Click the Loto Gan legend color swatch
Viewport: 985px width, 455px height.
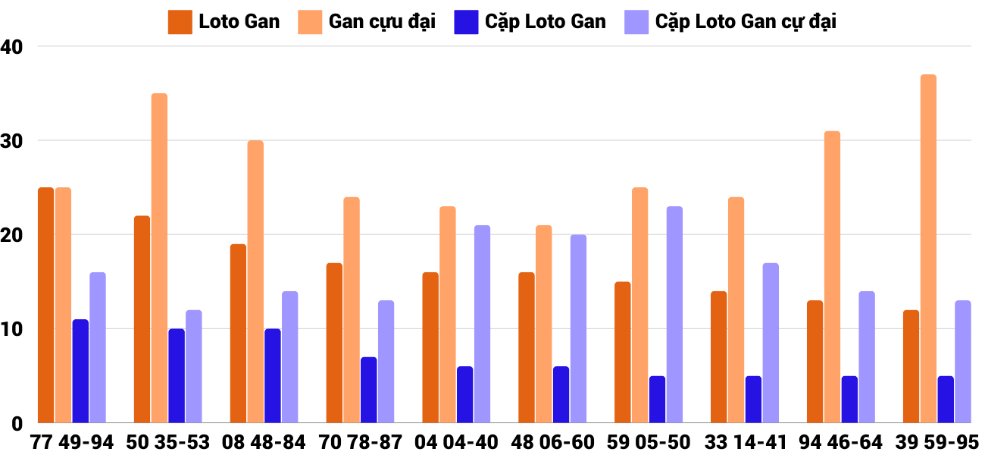180,22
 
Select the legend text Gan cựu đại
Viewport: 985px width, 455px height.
382,22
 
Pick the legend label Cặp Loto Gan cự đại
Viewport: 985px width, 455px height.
746,22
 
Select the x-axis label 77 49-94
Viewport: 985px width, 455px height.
72,442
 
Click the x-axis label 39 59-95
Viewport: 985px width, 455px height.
937,442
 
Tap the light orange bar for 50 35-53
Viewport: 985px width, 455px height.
159,258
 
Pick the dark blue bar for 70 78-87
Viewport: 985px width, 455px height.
369,390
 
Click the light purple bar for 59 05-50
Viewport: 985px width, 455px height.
674,315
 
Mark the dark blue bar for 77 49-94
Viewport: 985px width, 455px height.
80,371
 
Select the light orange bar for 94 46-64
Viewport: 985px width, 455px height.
832,277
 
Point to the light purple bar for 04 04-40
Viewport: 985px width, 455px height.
482,324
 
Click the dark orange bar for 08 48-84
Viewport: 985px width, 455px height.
238,334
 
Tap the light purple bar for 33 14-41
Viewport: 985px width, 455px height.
771,343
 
